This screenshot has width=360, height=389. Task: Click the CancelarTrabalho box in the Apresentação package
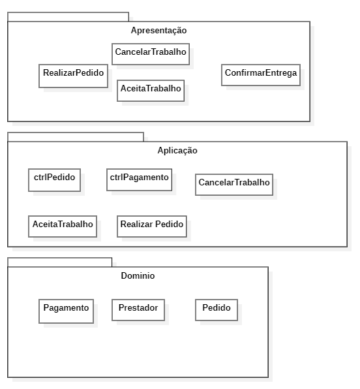pos(151,53)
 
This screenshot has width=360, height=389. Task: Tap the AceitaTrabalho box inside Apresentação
pos(151,89)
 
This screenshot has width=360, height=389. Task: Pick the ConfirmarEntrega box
pos(260,74)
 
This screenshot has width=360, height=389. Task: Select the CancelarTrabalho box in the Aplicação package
pos(233,183)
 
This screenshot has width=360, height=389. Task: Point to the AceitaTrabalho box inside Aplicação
pos(63,225)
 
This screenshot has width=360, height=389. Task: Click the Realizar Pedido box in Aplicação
pos(152,225)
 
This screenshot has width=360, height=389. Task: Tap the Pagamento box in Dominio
pos(66,309)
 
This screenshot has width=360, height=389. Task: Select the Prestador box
pos(138,309)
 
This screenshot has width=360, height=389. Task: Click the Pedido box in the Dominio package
pos(217,309)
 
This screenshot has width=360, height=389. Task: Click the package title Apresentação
pos(158,31)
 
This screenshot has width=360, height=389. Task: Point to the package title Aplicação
pos(177,151)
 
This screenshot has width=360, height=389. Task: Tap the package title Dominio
pos(138,276)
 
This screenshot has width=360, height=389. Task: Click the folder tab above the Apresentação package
pos(68,16)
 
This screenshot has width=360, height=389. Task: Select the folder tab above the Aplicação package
pos(75,136)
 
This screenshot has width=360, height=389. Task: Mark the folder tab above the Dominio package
pos(59,262)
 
